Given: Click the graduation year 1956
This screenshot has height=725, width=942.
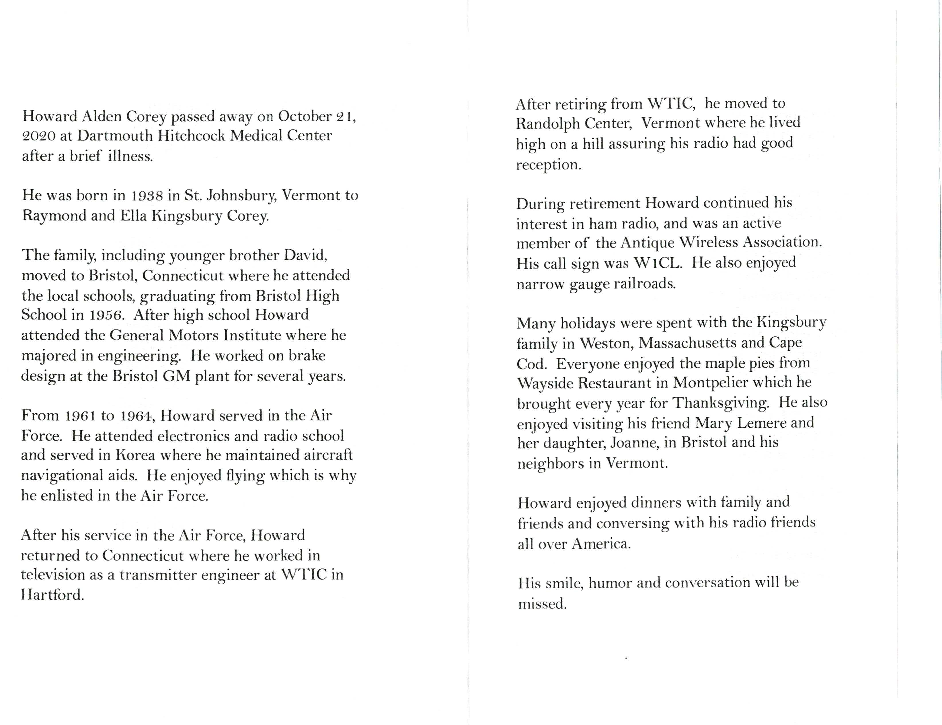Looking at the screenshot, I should point(107,315).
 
